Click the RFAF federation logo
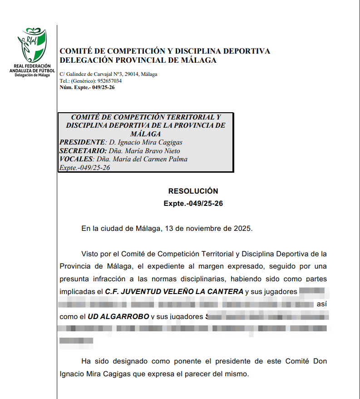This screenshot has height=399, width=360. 32,45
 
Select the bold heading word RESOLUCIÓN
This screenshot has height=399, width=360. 193,191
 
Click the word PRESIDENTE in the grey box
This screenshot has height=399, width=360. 82,142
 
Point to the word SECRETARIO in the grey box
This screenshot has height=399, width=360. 82,151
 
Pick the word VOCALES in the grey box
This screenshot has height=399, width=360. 76,160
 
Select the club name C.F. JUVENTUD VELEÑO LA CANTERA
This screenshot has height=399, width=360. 174,291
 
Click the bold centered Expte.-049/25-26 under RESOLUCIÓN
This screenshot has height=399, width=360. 193,204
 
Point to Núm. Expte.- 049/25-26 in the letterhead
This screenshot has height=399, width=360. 87,87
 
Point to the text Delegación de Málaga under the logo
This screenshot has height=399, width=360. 32,75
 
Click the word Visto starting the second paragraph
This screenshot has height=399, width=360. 90,254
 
